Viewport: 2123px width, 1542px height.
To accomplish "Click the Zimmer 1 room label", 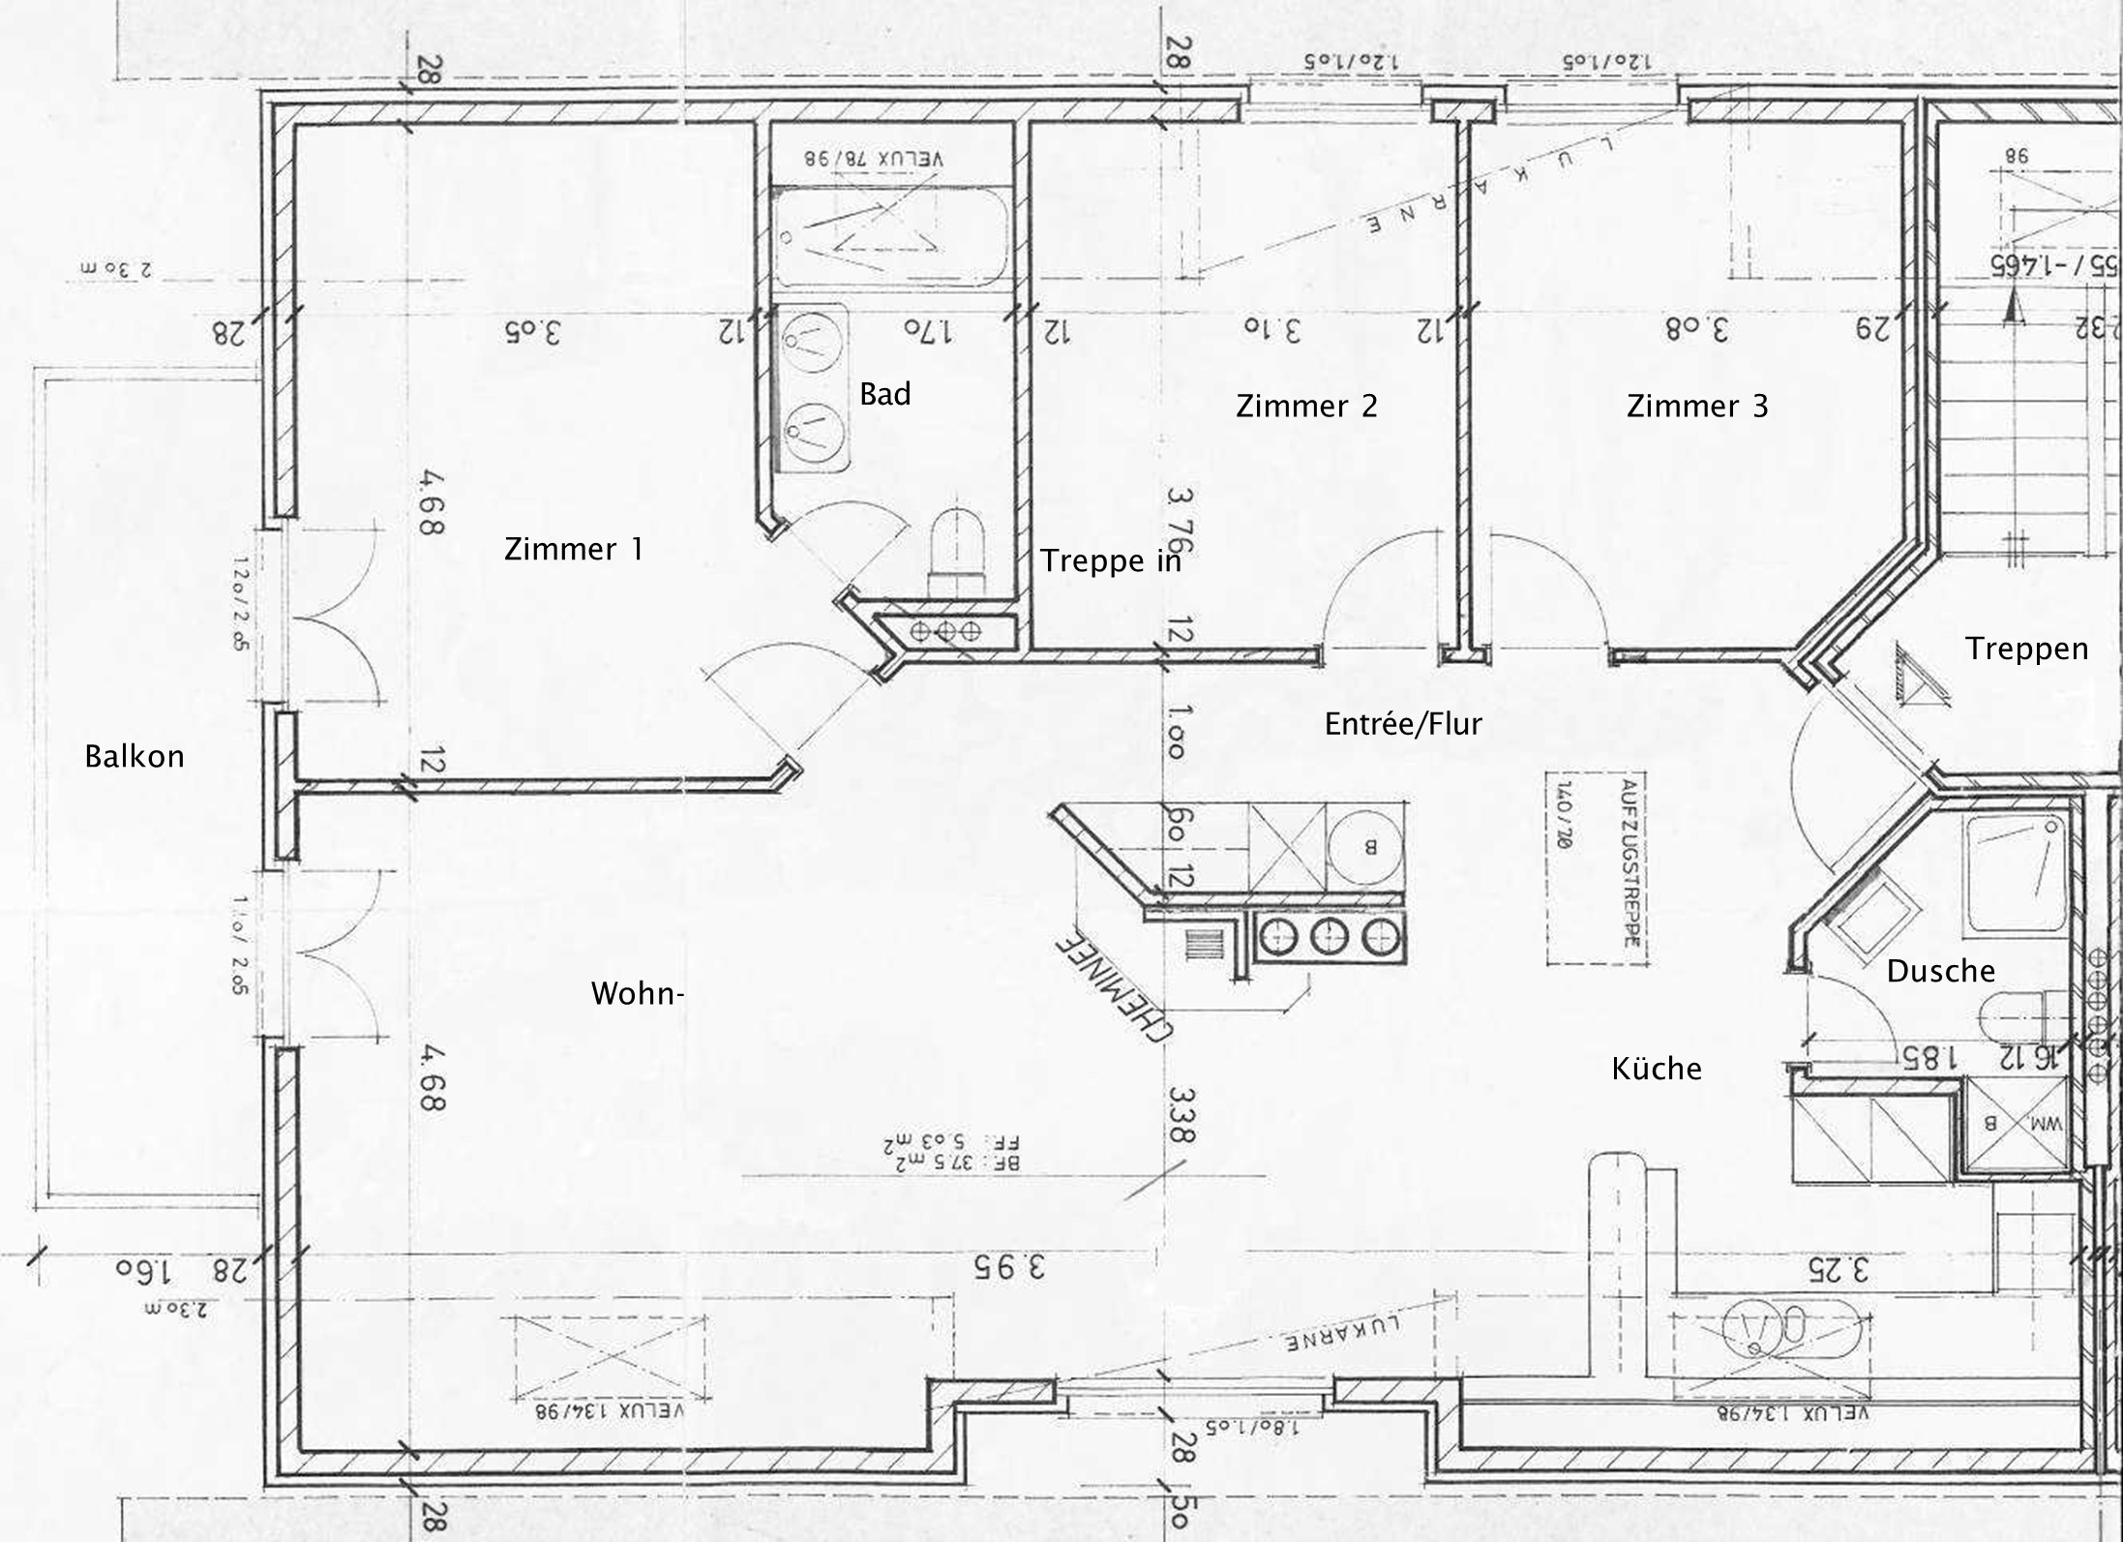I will tap(573, 550).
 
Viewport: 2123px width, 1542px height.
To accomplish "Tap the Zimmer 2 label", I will tap(1305, 406).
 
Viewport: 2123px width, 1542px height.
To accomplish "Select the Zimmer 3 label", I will tap(1696, 406).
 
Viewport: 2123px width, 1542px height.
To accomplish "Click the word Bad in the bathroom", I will tap(884, 394).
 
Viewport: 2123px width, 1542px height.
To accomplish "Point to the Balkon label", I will tap(134, 756).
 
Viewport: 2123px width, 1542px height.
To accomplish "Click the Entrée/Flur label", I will tap(1402, 723).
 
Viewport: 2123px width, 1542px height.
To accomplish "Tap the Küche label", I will tap(1656, 1069).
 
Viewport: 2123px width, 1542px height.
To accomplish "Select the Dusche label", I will tap(1940, 971).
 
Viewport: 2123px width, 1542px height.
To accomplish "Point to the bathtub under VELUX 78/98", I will tap(890, 237).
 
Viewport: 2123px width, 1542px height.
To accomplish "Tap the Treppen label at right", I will tap(2025, 649).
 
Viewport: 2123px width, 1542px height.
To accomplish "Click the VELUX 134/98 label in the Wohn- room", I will tap(611, 1410).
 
